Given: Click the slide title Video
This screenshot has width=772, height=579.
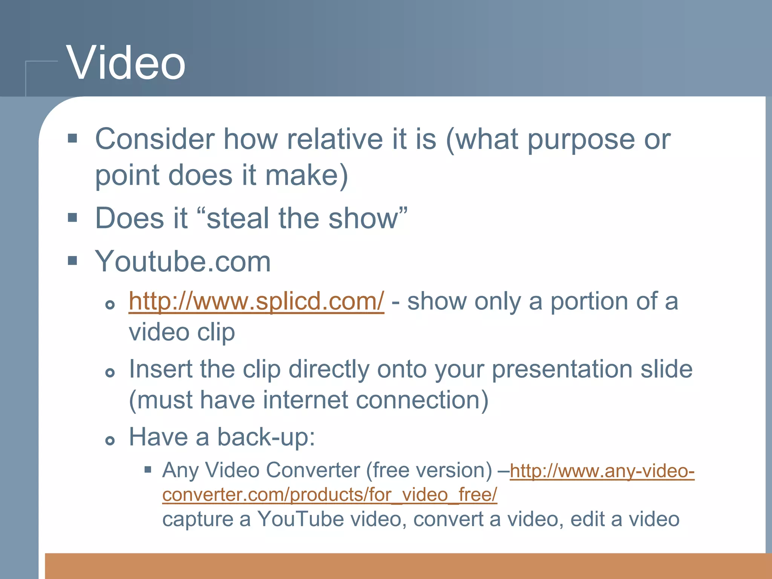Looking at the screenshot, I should point(126,63).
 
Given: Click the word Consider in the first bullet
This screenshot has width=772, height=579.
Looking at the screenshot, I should point(155,139).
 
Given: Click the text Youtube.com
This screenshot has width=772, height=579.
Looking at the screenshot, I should point(183,261).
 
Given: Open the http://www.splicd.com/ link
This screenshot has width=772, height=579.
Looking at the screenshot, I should point(256,302).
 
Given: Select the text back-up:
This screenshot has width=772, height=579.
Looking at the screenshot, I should point(266,437).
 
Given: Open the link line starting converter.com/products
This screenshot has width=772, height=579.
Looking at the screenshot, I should point(329,495).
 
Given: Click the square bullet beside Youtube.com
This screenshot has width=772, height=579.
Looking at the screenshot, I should point(72,261).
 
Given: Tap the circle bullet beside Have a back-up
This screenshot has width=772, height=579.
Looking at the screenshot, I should point(110,440).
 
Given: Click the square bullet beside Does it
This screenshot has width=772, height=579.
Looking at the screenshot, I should point(72,218).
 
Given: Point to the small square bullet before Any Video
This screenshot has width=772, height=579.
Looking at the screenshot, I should point(148,470).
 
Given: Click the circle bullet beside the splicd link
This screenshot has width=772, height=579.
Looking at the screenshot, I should point(110,305).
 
